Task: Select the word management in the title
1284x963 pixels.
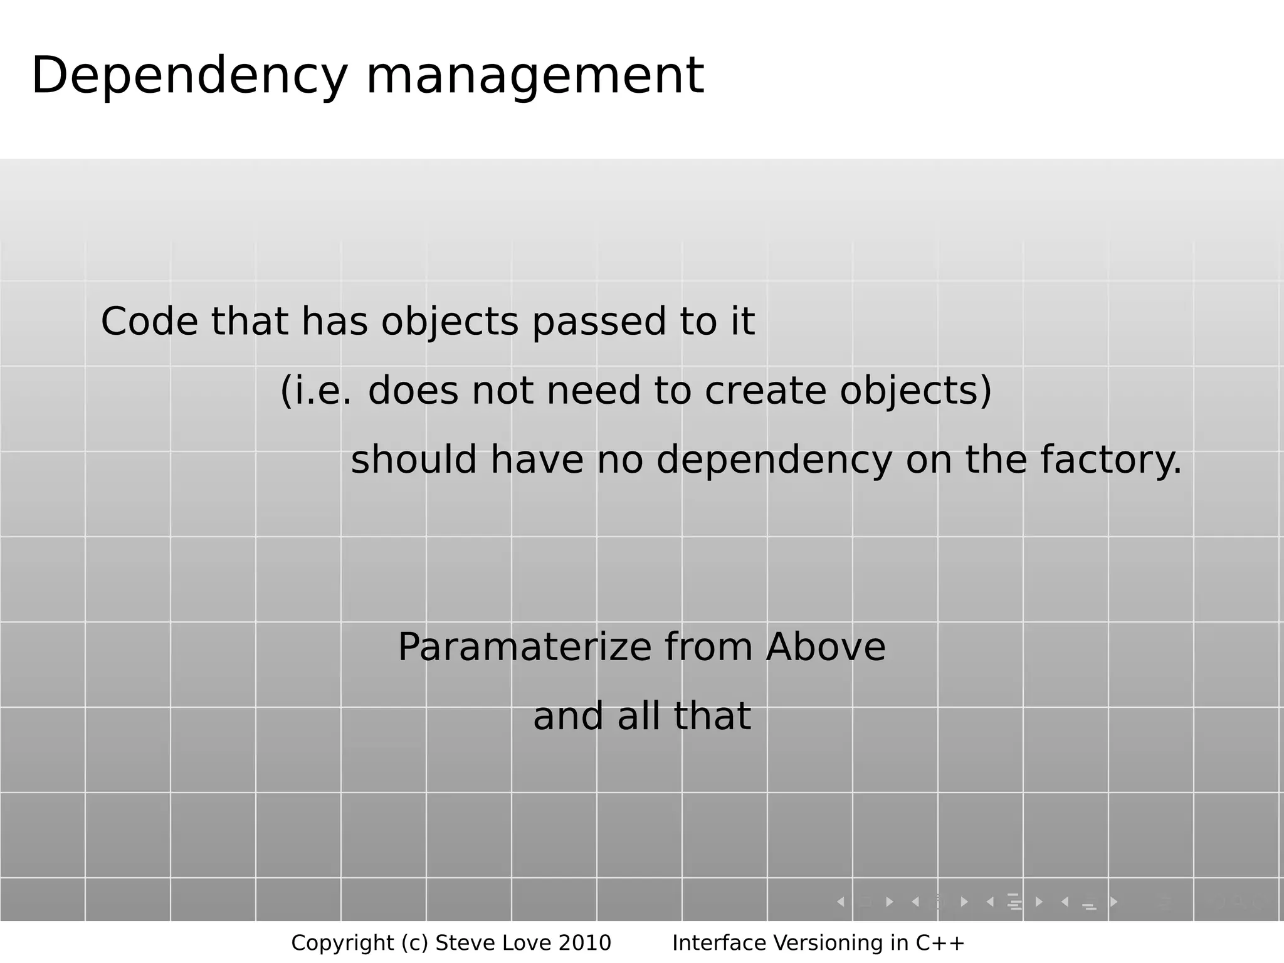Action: click(x=535, y=76)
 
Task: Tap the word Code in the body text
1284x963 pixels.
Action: click(x=149, y=322)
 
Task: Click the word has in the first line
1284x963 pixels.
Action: click(x=334, y=322)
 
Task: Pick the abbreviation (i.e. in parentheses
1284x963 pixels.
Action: click(x=316, y=391)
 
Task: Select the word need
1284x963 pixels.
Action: click(x=594, y=391)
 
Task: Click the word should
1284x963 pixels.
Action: click(x=414, y=460)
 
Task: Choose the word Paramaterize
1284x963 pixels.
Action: click(x=525, y=648)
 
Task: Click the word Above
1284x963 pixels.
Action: click(x=826, y=647)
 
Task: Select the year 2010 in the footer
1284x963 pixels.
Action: click(x=584, y=943)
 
